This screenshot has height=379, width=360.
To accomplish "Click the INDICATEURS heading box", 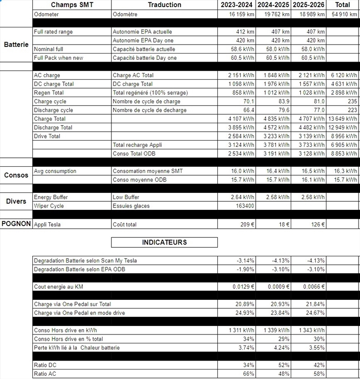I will [x=164, y=243].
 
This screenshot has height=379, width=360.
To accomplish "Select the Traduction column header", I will [x=164, y=5].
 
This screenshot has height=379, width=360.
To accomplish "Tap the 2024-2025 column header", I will [x=273, y=5].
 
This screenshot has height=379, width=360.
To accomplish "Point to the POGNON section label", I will [x=16, y=224].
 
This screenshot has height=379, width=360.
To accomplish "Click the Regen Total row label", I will [x=49, y=93].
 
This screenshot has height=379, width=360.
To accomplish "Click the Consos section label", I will [x=16, y=175].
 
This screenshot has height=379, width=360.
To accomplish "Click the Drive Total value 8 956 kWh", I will [x=343, y=136].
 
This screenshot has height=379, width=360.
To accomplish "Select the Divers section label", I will [x=16, y=201].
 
